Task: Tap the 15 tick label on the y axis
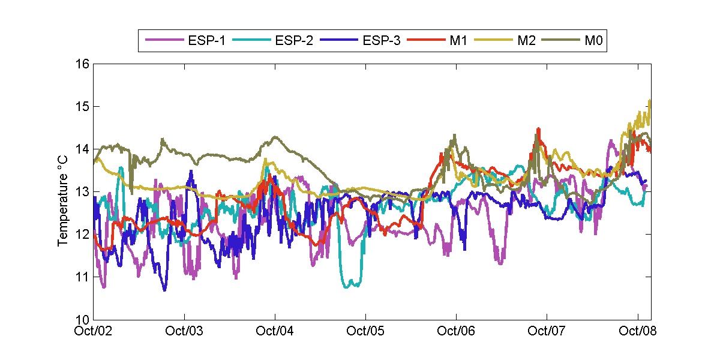(x=82, y=107)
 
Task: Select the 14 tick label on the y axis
(x=82, y=149)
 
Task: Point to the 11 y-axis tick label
(x=82, y=277)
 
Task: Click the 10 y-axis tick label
(x=82, y=319)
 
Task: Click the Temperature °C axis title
(x=63, y=199)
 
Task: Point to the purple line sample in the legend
(x=163, y=41)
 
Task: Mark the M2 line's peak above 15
(x=650, y=100)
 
